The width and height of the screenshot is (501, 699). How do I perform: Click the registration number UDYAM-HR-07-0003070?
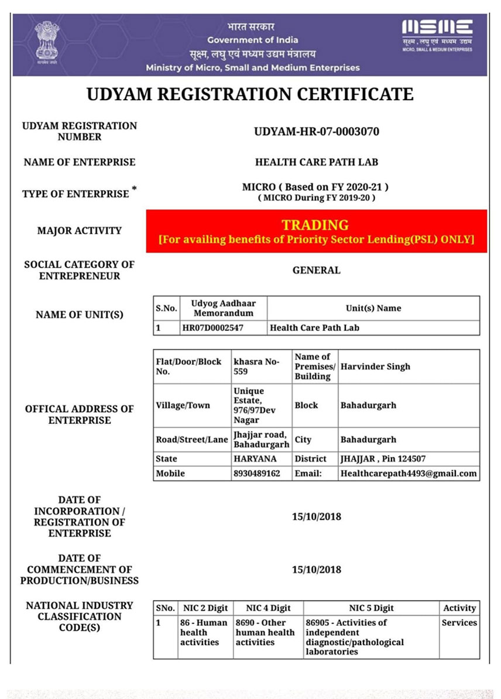316,132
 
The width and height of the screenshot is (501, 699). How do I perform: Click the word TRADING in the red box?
315,225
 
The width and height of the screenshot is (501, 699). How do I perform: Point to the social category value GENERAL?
316,270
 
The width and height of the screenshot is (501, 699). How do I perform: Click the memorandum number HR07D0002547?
212,328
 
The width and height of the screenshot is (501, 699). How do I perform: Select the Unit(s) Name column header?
373,308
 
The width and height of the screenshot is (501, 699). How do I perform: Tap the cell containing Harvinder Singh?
375,366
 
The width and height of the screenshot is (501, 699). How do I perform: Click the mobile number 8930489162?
257,473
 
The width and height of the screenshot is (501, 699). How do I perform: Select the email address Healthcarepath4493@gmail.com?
409,473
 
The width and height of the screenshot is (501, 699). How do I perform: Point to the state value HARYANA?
255,459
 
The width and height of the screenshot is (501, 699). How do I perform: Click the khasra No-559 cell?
256,366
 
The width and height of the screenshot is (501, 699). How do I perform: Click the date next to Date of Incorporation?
316,517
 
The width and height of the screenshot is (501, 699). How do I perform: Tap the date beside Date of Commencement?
316,570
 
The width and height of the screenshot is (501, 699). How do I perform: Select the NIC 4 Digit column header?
268,608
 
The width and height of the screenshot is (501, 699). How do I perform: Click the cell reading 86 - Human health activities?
204,632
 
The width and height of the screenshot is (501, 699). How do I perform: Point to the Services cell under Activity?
459,623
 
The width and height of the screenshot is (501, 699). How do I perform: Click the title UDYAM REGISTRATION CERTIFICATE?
250,94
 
